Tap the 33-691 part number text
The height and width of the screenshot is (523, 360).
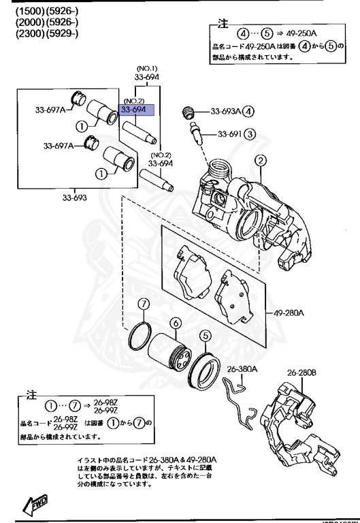[230, 133]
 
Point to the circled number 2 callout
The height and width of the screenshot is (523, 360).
[259, 161]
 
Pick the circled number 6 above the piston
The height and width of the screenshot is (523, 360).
[175, 323]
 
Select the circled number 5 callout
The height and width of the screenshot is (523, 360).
[204, 335]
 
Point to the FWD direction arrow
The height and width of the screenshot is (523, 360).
[35, 504]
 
